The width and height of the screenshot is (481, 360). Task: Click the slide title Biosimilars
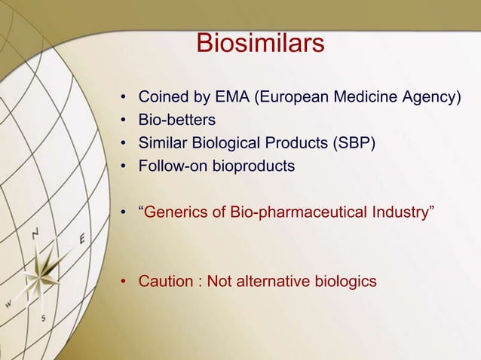coord(260,44)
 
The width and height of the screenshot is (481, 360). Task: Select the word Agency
coord(430,98)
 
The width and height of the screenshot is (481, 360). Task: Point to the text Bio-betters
coord(176,121)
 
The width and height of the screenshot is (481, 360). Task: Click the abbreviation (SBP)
coord(353,143)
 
